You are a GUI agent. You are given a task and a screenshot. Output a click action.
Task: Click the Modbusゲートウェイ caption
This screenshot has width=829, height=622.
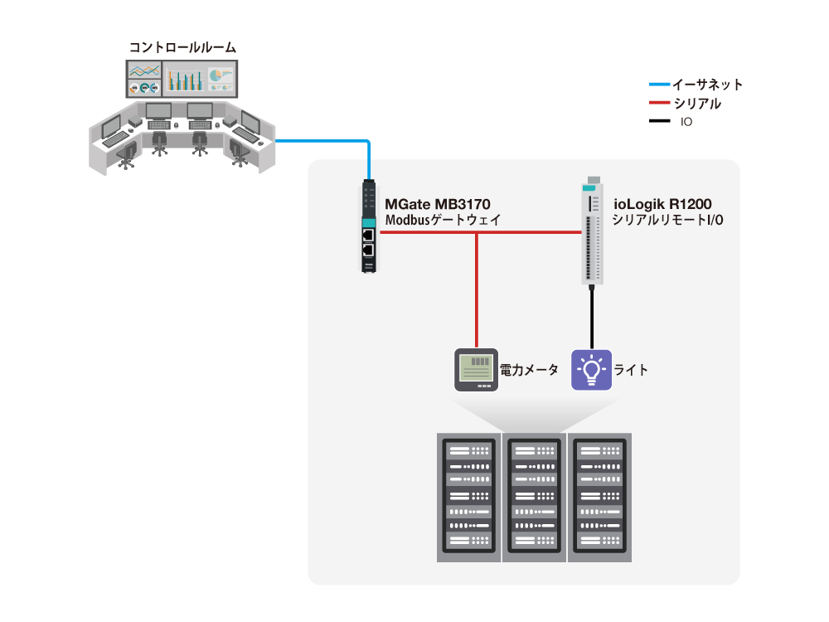[x=444, y=221]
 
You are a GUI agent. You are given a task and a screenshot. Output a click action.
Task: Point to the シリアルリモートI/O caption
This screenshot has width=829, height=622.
[x=667, y=221]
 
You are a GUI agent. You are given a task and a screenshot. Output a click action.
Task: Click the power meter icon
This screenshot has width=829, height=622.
[x=477, y=369]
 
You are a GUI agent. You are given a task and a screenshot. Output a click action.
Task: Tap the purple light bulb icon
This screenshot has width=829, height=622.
[x=591, y=369]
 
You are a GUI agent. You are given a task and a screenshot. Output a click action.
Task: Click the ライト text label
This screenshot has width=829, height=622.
[x=631, y=370]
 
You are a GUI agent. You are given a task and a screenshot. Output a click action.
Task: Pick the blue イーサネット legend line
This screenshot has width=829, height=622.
[x=658, y=85]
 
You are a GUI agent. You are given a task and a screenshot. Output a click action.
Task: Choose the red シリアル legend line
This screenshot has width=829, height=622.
[x=658, y=104]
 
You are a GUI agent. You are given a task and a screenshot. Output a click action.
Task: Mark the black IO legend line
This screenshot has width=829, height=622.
[x=658, y=122]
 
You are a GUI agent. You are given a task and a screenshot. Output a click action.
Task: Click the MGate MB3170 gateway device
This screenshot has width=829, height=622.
[x=369, y=228]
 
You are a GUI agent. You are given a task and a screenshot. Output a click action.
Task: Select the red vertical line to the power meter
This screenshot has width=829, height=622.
[x=477, y=290]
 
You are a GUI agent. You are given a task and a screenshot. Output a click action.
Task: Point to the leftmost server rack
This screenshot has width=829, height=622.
[x=469, y=498]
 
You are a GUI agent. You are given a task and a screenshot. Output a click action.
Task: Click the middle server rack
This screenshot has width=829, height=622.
[x=535, y=498]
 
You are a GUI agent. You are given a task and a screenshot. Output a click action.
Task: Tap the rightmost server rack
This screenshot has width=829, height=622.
[x=599, y=498]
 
